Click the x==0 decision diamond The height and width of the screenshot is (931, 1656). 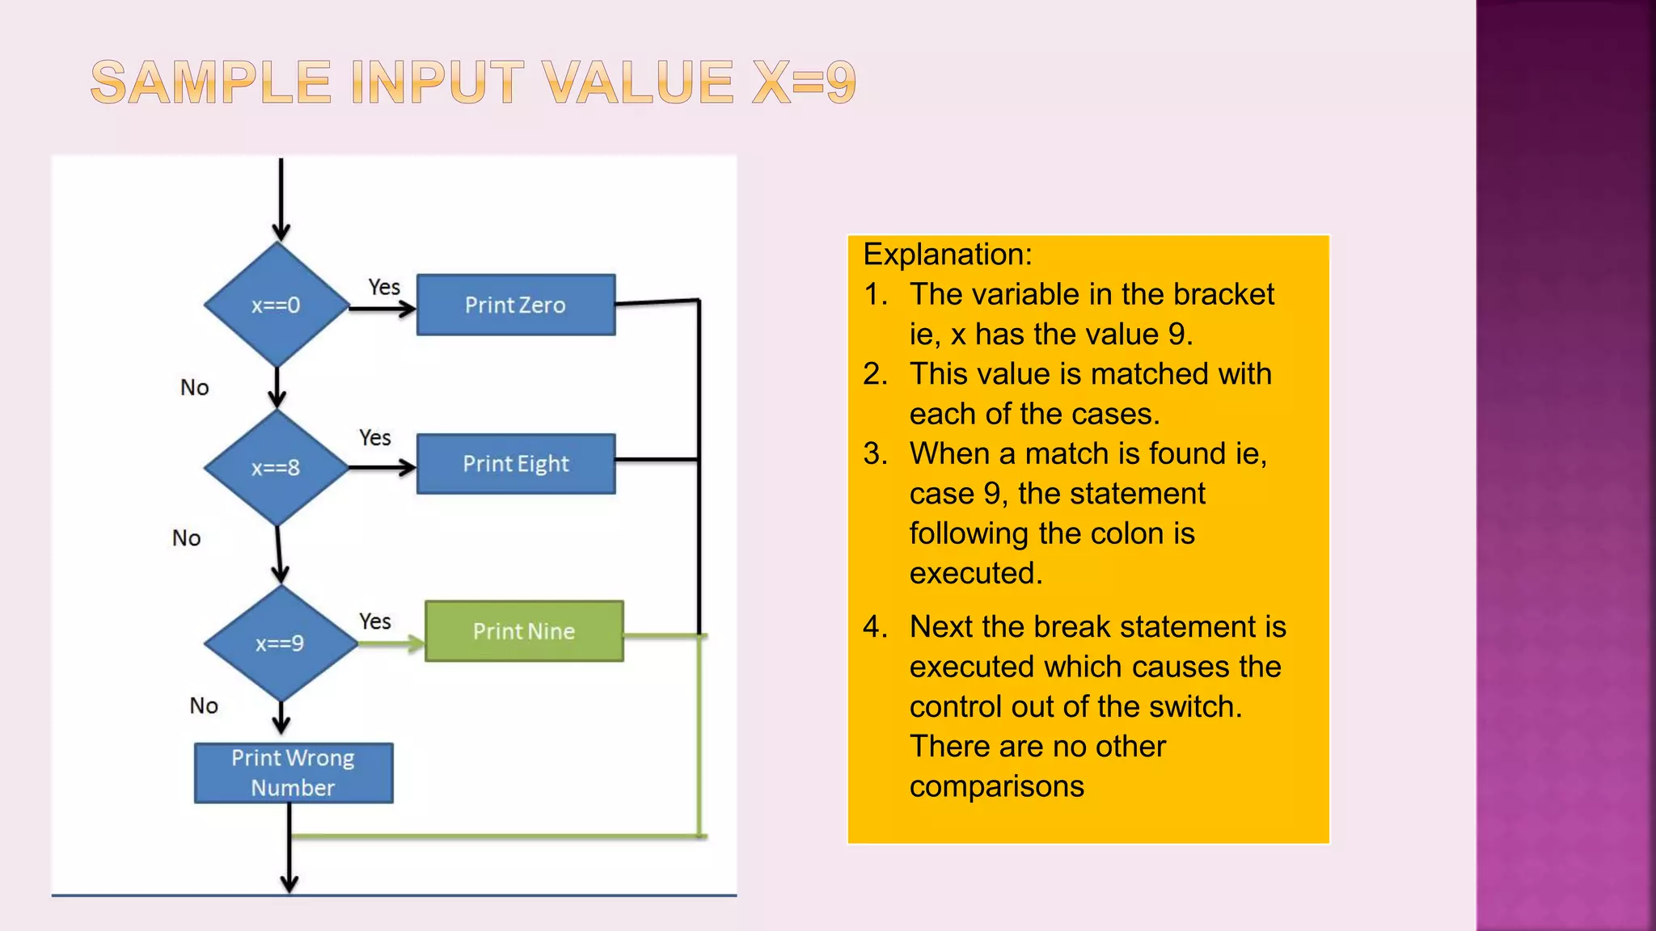tap(277, 305)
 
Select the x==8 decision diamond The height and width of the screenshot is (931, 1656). tap(277, 467)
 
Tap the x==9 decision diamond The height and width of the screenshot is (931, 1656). tap(280, 643)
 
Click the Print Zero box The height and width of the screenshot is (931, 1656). tap(516, 305)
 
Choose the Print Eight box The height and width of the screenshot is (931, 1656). tap(516, 464)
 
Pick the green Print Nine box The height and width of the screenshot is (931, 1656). tap(524, 631)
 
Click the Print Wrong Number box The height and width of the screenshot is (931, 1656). tap(294, 773)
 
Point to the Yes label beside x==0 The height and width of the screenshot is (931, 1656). tap(384, 287)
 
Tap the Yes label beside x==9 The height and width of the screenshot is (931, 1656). tap(375, 621)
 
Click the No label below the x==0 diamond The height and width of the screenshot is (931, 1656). tap(195, 388)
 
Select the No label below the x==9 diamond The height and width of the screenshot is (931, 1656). tap(204, 706)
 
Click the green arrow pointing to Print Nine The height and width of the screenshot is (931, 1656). tap(391, 643)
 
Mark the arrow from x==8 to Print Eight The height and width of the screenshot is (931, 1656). tap(382, 467)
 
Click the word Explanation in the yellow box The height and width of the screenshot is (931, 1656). tap(947, 255)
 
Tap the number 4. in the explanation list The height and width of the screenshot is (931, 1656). tap(875, 627)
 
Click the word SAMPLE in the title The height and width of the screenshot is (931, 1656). tap(212, 82)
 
